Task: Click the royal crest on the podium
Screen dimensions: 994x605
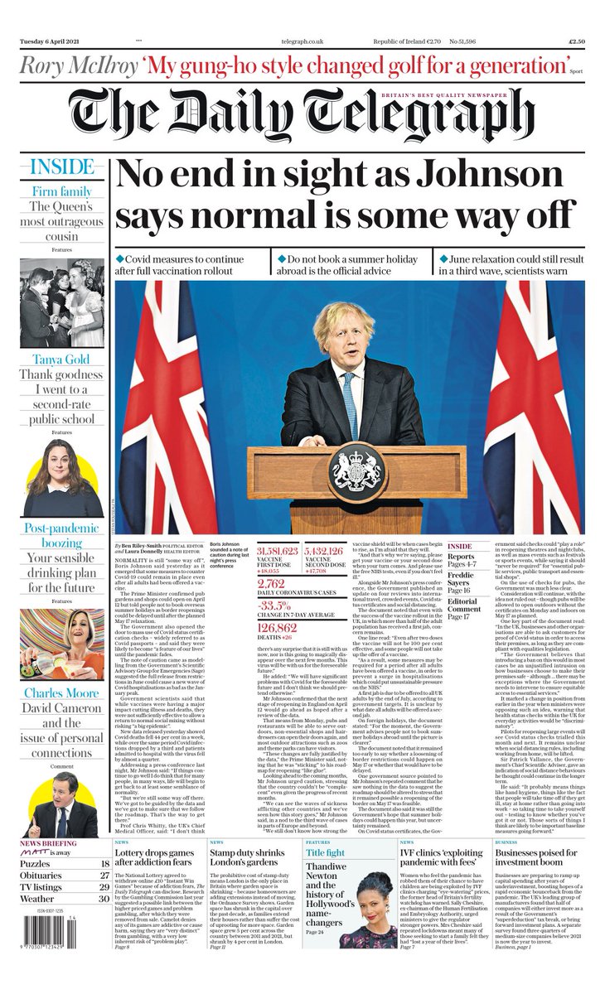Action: [356, 473]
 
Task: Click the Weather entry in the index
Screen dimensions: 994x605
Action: [37, 898]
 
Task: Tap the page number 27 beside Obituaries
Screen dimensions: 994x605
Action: [104, 876]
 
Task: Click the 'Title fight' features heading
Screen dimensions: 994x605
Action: [325, 852]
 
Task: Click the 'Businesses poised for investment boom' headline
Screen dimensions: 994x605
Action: [536, 858]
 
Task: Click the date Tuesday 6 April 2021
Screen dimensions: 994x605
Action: [56, 40]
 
